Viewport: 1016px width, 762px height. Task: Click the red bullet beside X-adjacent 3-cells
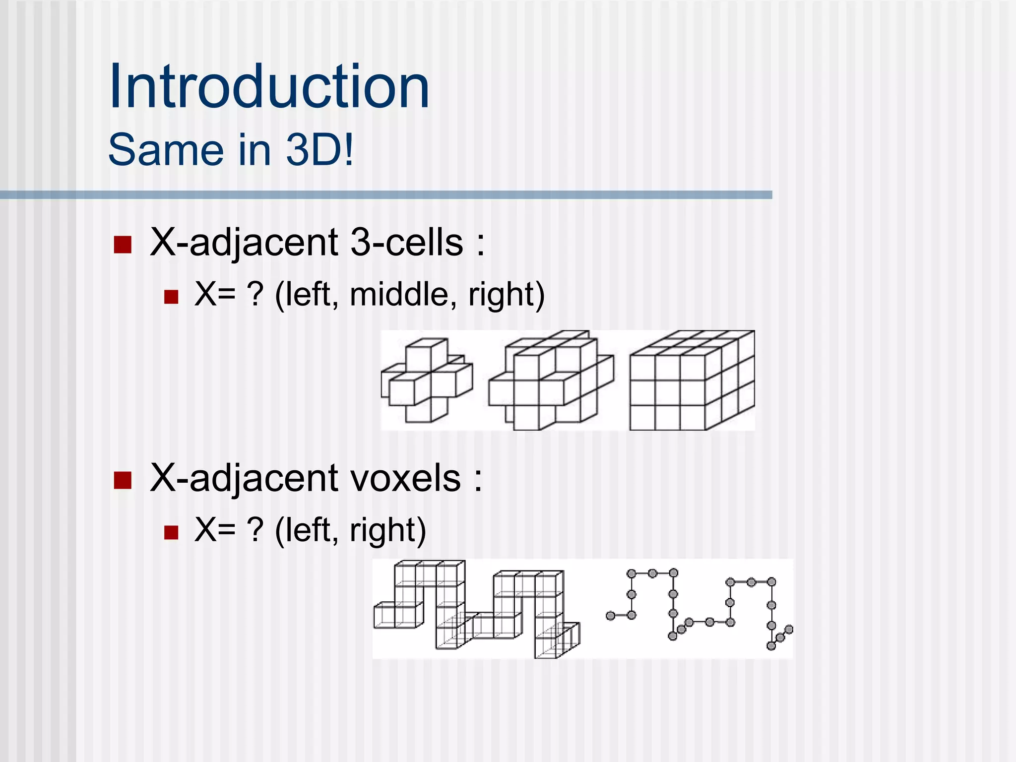(x=123, y=245)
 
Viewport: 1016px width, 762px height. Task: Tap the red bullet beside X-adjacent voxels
(x=123, y=480)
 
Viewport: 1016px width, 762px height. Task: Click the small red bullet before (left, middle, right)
(x=171, y=297)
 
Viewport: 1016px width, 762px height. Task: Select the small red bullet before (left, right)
(x=171, y=532)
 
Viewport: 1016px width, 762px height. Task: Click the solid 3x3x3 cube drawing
(x=692, y=381)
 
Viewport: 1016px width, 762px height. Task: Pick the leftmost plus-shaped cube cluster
(x=427, y=381)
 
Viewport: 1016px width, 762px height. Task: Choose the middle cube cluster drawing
(x=551, y=381)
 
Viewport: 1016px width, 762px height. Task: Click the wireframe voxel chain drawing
(x=476, y=609)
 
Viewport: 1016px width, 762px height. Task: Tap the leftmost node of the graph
(x=610, y=616)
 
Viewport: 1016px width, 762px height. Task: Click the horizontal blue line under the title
(x=386, y=195)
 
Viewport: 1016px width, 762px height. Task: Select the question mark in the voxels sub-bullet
(x=255, y=530)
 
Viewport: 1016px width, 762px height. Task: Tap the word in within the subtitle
(x=254, y=149)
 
